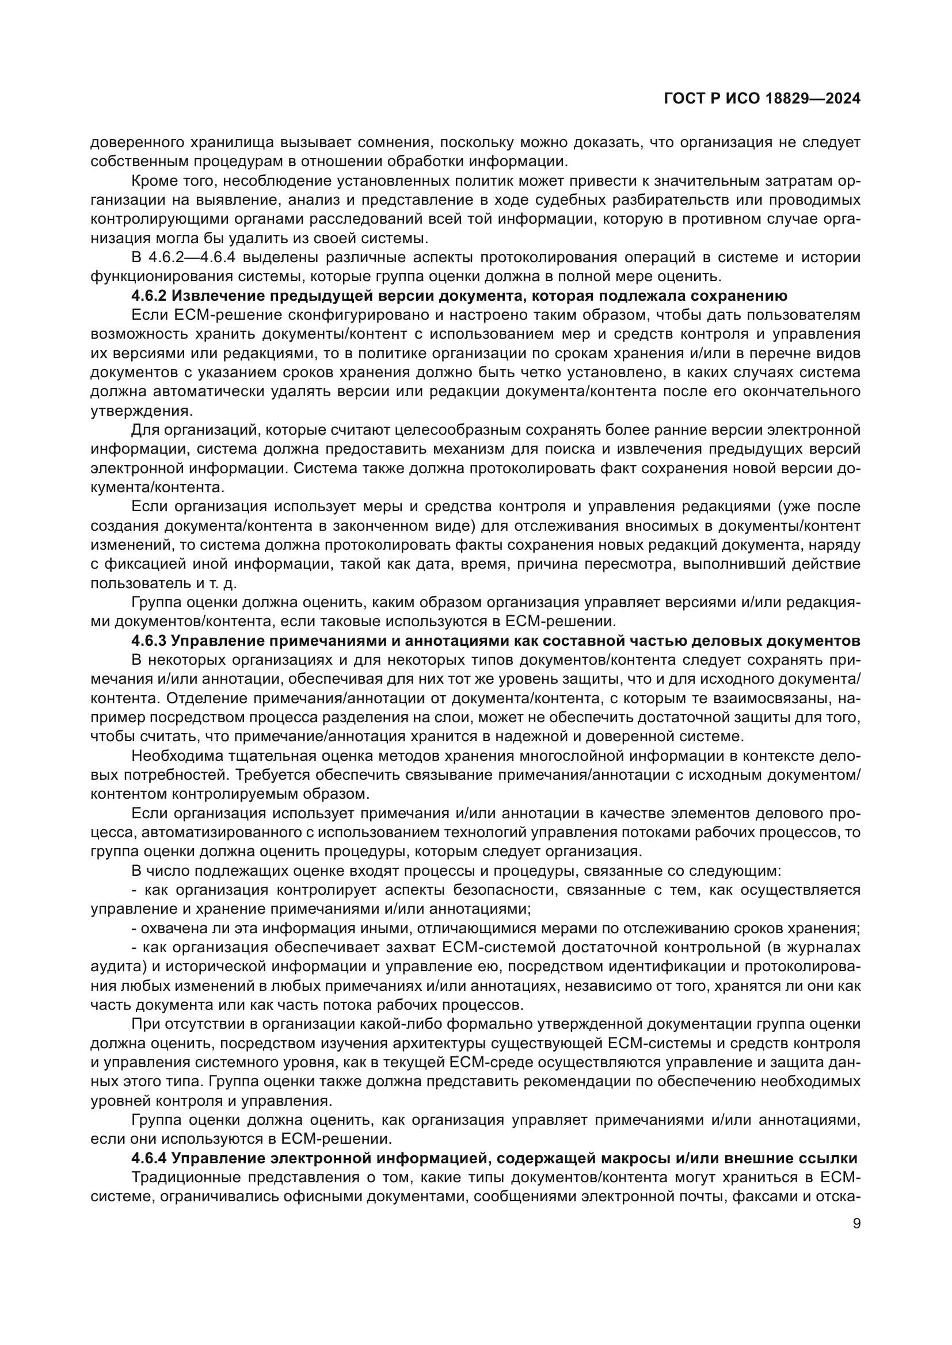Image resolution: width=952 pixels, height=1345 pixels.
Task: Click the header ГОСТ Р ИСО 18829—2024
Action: [761, 99]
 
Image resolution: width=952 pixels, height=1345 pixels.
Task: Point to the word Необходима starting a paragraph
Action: [170, 756]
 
